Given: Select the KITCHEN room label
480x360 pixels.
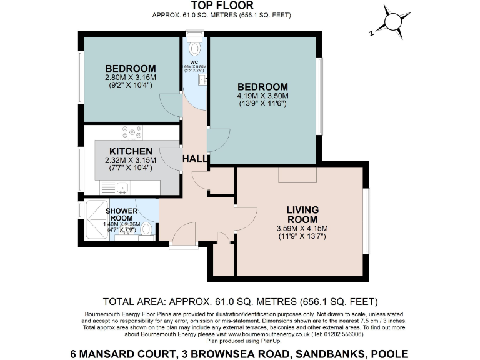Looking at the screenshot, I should [131, 151].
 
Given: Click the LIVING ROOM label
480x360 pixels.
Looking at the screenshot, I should [302, 214].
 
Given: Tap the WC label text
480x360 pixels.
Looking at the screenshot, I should [194, 62].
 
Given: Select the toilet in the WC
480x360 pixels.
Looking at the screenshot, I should [195, 47].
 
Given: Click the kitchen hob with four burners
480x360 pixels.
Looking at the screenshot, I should [132, 132].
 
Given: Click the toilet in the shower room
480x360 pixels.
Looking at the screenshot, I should [146, 227].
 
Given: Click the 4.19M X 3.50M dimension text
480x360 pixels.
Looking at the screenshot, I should [262, 96].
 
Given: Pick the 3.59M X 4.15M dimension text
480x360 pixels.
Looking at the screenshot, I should [302, 228].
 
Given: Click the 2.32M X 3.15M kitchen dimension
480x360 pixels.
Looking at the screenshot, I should [131, 160].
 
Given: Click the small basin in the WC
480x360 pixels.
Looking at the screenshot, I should [204, 79].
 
